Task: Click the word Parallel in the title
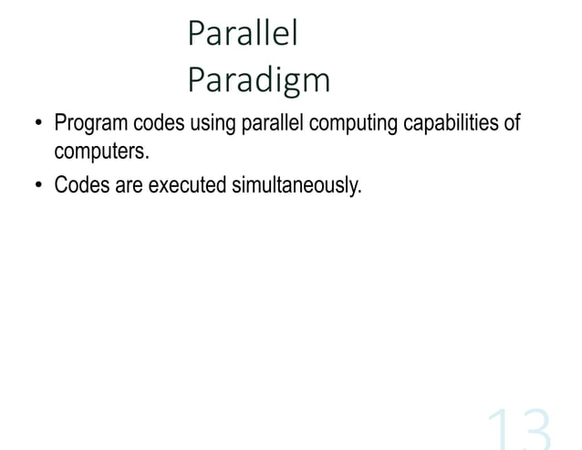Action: [243, 35]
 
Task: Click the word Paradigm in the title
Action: [258, 81]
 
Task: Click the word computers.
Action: [100, 151]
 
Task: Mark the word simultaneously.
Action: [296, 185]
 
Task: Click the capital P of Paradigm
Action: [194, 80]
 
